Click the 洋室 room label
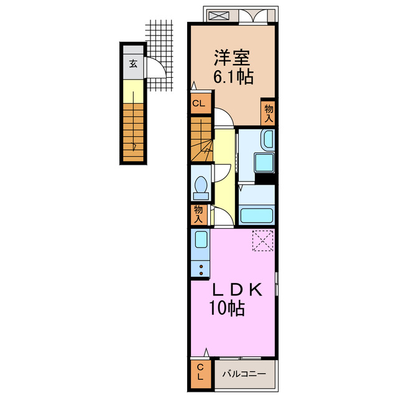pyautogui.click(x=232, y=58)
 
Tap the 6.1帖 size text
pyautogui.click(x=233, y=76)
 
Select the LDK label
pyautogui.click(x=238, y=290)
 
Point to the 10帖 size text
pyautogui.click(x=226, y=308)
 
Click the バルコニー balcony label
pyautogui.click(x=244, y=374)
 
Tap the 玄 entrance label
pyautogui.click(x=133, y=63)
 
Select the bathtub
pyautogui.click(x=257, y=216)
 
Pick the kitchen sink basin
pyautogui.click(x=201, y=239)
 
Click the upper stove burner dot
pyautogui.click(x=201, y=267)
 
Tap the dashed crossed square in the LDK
pyautogui.click(x=262, y=241)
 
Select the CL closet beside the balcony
pyautogui.click(x=200, y=374)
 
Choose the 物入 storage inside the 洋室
pyautogui.click(x=268, y=113)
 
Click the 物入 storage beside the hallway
pyautogui.click(x=199, y=215)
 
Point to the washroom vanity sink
pyautogui.click(x=268, y=139)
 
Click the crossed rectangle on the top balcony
pyautogui.click(x=218, y=16)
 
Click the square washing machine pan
pyautogui.click(x=264, y=163)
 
